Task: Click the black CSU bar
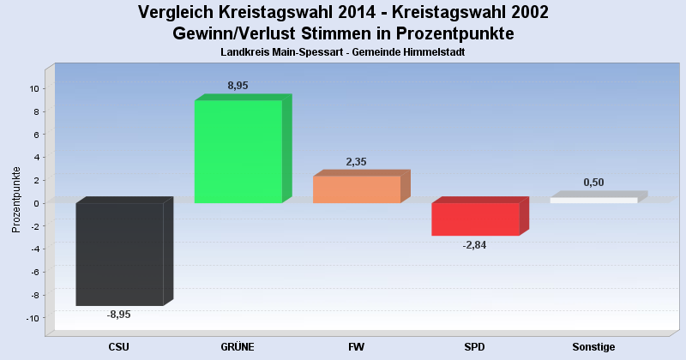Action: coord(119,254)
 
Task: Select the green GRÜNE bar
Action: coord(238,152)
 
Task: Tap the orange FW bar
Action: coord(356,189)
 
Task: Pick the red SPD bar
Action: coord(474,219)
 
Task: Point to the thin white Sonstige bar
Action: coord(593,201)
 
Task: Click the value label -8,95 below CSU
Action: coord(119,315)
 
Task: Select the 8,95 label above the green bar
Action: coord(238,86)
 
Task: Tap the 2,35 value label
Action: coord(356,161)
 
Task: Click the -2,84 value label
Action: coord(474,245)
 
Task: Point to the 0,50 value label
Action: coord(593,183)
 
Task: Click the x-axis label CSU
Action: coord(119,346)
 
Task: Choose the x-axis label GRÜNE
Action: coord(238,346)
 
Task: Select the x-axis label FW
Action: coord(356,346)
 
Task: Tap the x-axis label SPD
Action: coord(474,346)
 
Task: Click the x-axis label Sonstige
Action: coord(593,346)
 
